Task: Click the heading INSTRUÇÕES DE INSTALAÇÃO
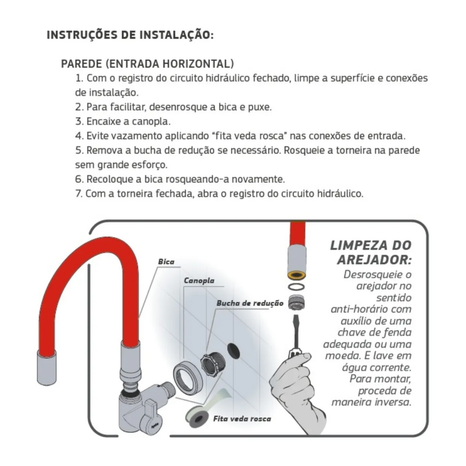[x=130, y=35]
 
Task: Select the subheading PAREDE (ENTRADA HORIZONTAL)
[x=147, y=63]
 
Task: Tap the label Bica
[x=166, y=262]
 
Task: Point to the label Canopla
[x=199, y=280]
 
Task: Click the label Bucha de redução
[x=243, y=303]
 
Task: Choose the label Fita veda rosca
[x=242, y=418]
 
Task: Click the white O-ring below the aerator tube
[x=298, y=287]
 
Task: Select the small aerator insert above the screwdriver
[x=298, y=303]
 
